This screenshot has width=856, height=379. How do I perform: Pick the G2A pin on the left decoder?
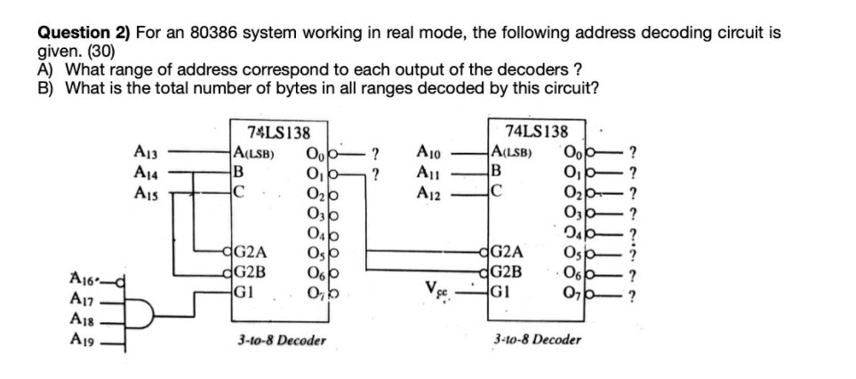pos(252,251)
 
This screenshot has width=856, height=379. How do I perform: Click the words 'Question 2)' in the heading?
pos(82,33)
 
